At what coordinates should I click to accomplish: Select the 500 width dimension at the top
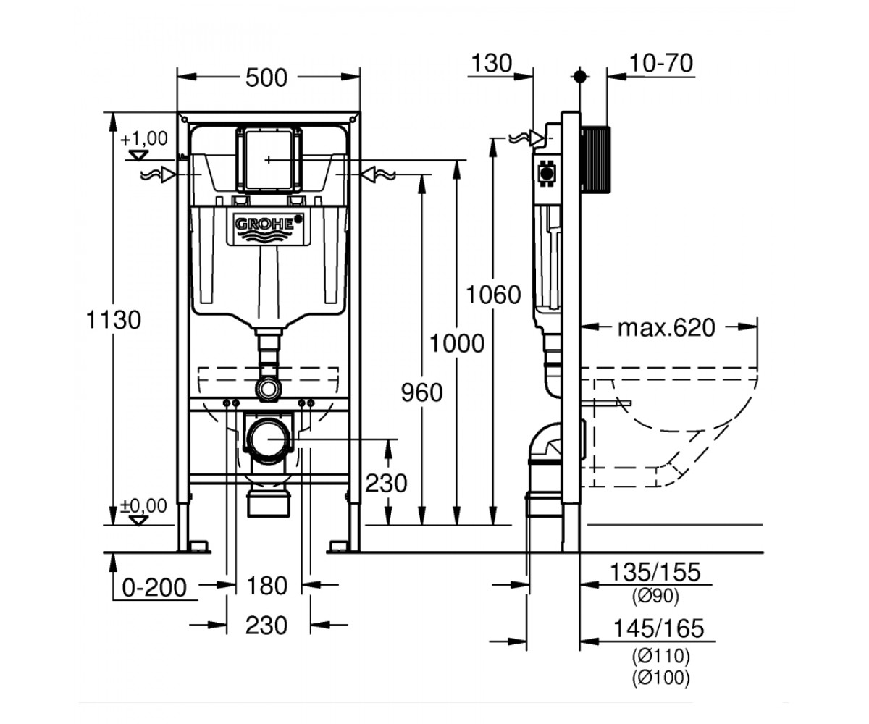(266, 77)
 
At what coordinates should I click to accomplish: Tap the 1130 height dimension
(113, 320)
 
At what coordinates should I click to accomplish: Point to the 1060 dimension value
(493, 295)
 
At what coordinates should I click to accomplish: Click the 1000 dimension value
(457, 343)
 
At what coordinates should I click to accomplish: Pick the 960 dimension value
(421, 392)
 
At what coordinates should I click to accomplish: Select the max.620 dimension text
(666, 327)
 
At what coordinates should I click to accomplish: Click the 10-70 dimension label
(660, 63)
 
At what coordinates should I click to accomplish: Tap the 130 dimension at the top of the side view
(492, 63)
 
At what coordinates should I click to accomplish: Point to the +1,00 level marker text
(144, 138)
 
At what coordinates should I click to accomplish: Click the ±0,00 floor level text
(143, 505)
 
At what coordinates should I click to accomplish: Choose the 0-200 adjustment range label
(154, 587)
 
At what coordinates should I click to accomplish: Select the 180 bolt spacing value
(266, 586)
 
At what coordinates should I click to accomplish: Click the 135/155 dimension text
(655, 572)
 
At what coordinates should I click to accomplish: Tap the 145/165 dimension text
(659, 628)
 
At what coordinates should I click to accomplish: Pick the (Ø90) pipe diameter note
(655, 597)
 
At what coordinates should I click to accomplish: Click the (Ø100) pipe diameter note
(661, 678)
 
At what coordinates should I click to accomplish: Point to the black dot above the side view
(580, 77)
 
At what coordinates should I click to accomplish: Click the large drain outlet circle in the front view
(268, 439)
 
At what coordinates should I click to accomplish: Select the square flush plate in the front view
(269, 160)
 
